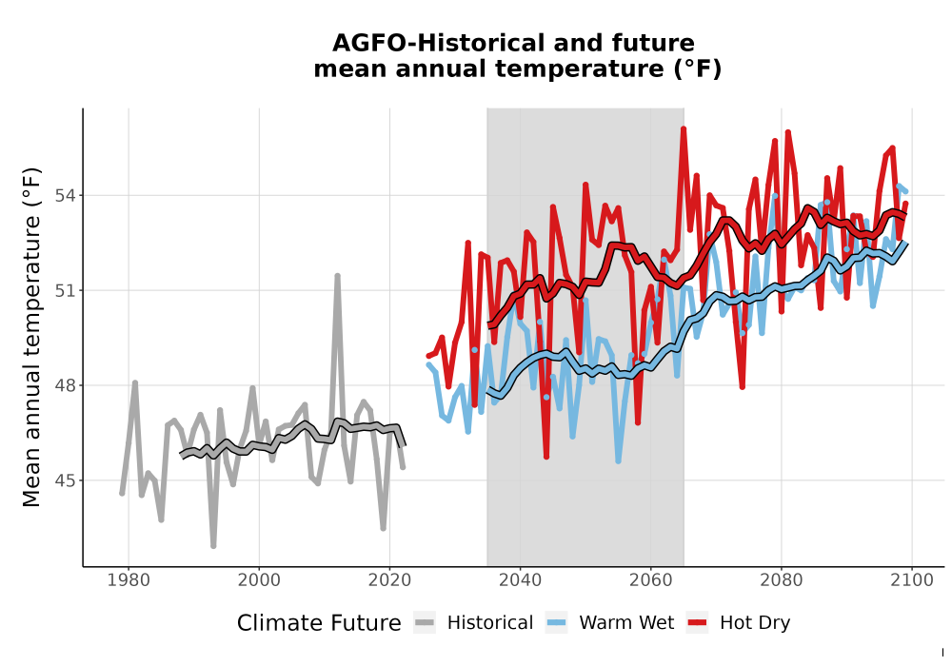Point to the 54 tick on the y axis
[67, 195]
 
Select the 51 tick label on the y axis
[67, 290]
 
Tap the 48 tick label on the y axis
[67, 385]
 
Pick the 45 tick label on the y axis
[67, 480]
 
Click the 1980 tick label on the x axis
[129, 580]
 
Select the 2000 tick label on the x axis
[259, 580]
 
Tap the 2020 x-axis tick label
[389, 580]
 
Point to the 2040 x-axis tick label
[521, 580]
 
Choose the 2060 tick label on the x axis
[651, 580]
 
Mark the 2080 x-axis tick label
[782, 580]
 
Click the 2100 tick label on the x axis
[912, 580]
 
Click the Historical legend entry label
[490, 623]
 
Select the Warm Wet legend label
[626, 623]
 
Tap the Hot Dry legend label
[755, 624]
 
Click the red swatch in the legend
[698, 623]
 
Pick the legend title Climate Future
[319, 623]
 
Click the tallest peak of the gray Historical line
[338, 276]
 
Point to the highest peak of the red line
[684, 128]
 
